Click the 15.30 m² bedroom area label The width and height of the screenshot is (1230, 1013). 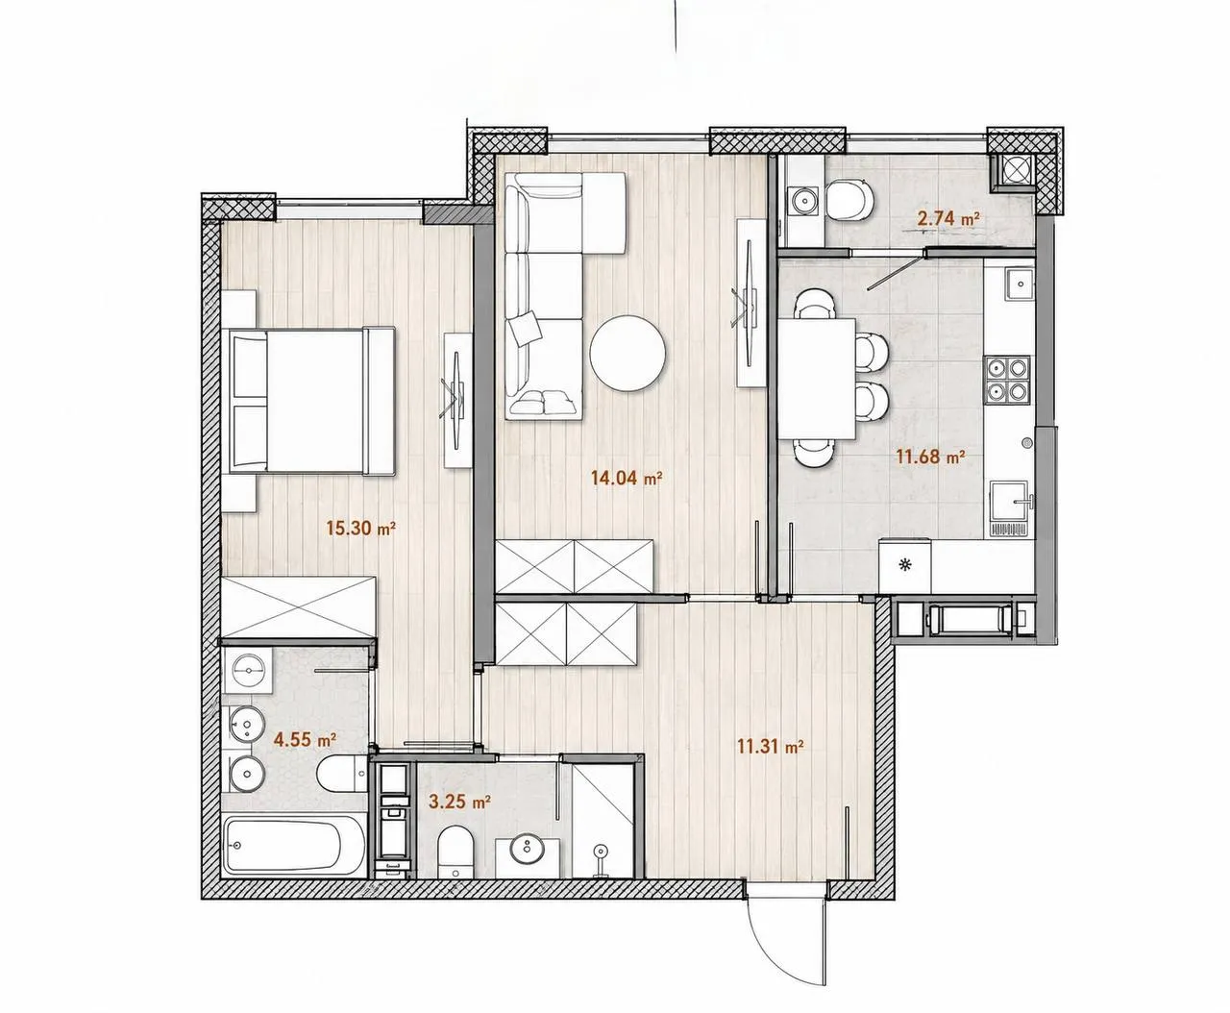pos(360,528)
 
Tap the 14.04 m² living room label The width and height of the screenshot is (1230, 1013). pos(627,478)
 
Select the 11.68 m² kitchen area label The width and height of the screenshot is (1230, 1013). pos(931,457)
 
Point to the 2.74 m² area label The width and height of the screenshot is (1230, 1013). pos(948,218)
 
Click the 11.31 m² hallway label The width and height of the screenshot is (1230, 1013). pos(771,747)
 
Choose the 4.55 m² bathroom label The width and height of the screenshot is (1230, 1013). pos(306,739)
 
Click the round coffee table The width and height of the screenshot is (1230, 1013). pos(627,353)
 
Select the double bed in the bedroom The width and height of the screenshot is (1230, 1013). pos(311,401)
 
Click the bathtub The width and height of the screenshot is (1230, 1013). pos(294,846)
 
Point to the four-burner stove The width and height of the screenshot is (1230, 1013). pos(1007,380)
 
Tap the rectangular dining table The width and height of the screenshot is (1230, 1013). pos(817,379)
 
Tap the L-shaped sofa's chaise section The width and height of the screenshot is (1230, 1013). pos(603,212)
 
